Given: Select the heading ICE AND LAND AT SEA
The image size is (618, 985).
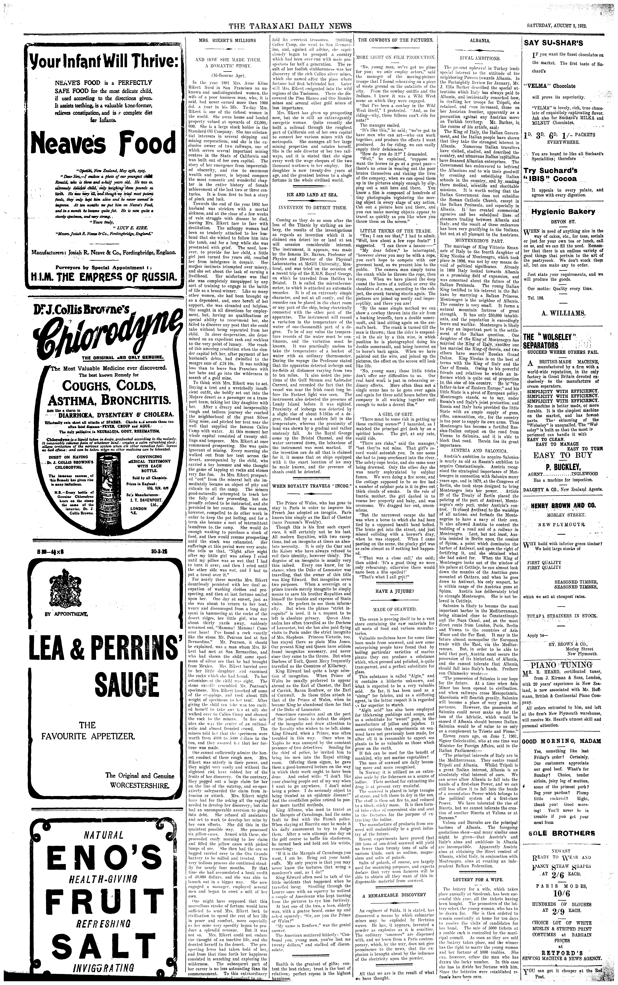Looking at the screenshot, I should tap(312, 195).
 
